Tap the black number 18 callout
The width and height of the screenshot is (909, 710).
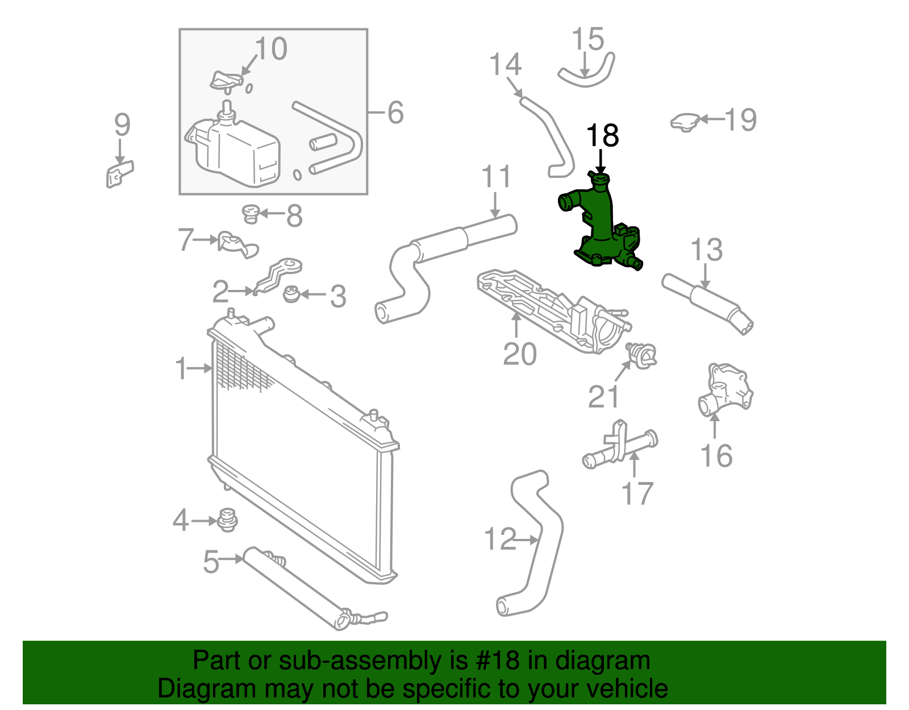pos(602,136)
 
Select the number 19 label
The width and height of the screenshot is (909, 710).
pos(741,120)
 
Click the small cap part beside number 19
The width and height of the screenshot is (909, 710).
pos(685,122)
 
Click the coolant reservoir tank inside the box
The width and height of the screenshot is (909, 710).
pos(236,151)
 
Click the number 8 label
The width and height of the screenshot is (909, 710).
pos(294,216)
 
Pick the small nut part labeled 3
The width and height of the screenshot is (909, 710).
pos(291,295)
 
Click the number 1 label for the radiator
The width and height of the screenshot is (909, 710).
pos(181,369)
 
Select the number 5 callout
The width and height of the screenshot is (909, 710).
pos(211,562)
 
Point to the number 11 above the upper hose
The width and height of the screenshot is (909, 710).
pos(497,177)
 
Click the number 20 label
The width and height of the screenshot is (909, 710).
pos(519,354)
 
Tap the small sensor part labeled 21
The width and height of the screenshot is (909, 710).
pos(643,355)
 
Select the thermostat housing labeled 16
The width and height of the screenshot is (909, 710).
pos(724,389)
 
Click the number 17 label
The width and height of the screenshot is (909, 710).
pos(637,493)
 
